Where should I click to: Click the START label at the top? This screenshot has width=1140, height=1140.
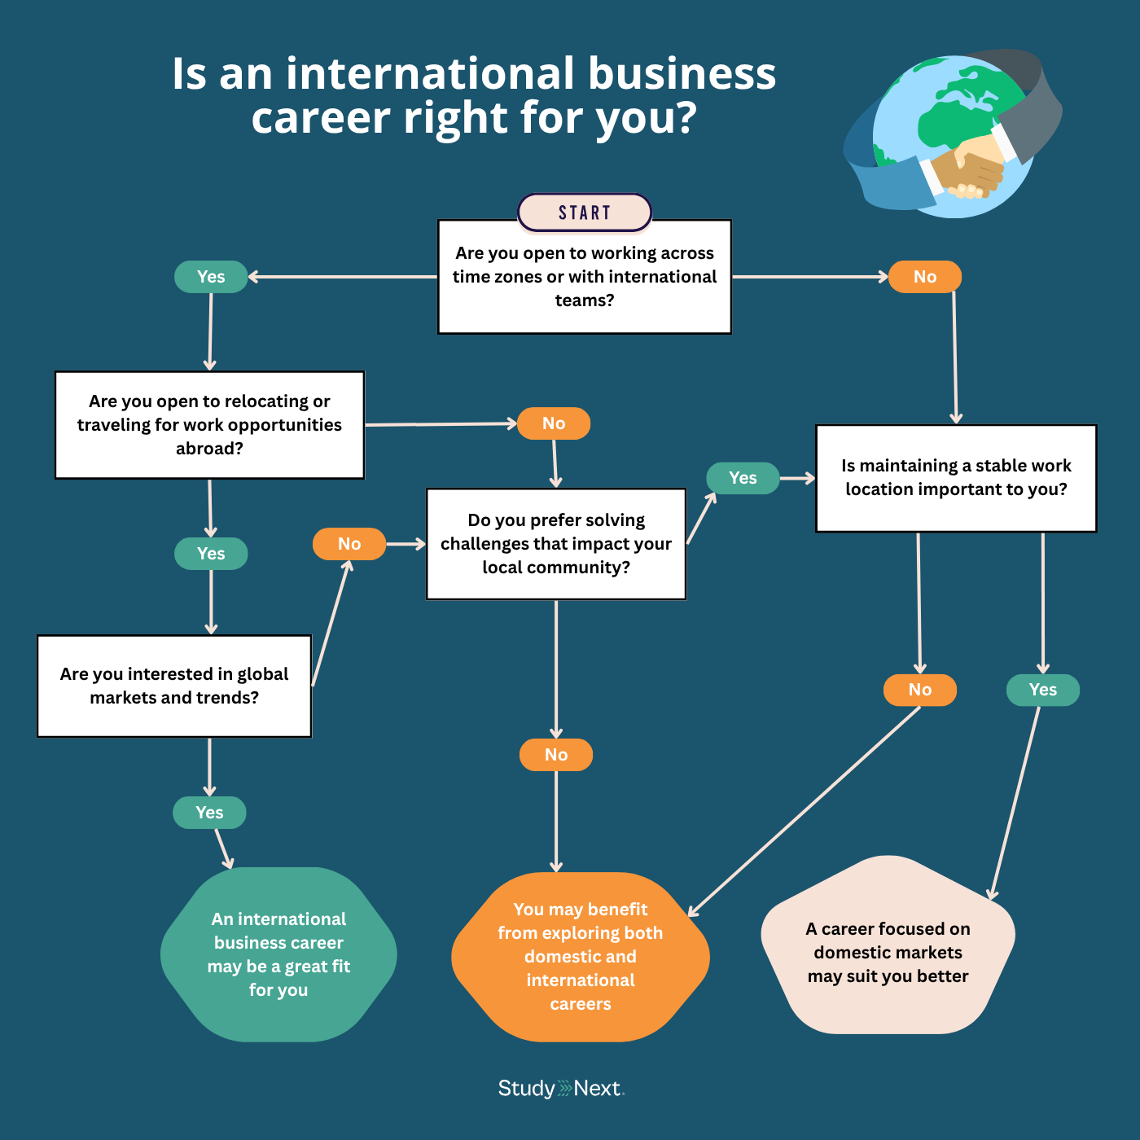(x=585, y=213)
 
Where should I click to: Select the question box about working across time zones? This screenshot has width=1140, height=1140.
(x=585, y=277)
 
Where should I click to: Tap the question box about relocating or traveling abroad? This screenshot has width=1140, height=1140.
(x=209, y=425)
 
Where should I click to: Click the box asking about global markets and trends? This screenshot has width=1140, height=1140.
(x=174, y=686)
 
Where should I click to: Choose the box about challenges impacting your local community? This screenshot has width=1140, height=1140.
(x=556, y=544)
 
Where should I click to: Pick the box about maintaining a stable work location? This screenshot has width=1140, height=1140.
(x=956, y=478)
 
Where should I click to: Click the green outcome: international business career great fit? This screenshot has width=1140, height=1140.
(x=278, y=954)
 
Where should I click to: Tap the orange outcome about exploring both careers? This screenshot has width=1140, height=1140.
(x=581, y=957)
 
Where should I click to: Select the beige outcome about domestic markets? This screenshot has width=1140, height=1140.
(x=888, y=952)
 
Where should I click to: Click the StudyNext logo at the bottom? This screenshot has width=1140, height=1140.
(x=561, y=1089)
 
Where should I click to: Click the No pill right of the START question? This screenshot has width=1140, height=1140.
(x=925, y=277)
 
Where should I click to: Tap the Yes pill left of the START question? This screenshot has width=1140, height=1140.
(x=211, y=277)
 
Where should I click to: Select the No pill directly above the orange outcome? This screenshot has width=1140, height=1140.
(x=556, y=755)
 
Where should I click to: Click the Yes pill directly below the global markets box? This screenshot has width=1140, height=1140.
(x=209, y=813)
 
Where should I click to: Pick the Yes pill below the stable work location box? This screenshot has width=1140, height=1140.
(x=1043, y=690)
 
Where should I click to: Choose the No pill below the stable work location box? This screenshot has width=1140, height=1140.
(x=920, y=690)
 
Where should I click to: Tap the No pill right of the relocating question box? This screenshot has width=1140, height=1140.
(x=554, y=423)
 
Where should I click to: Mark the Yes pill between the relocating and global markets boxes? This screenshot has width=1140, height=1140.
(x=211, y=554)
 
